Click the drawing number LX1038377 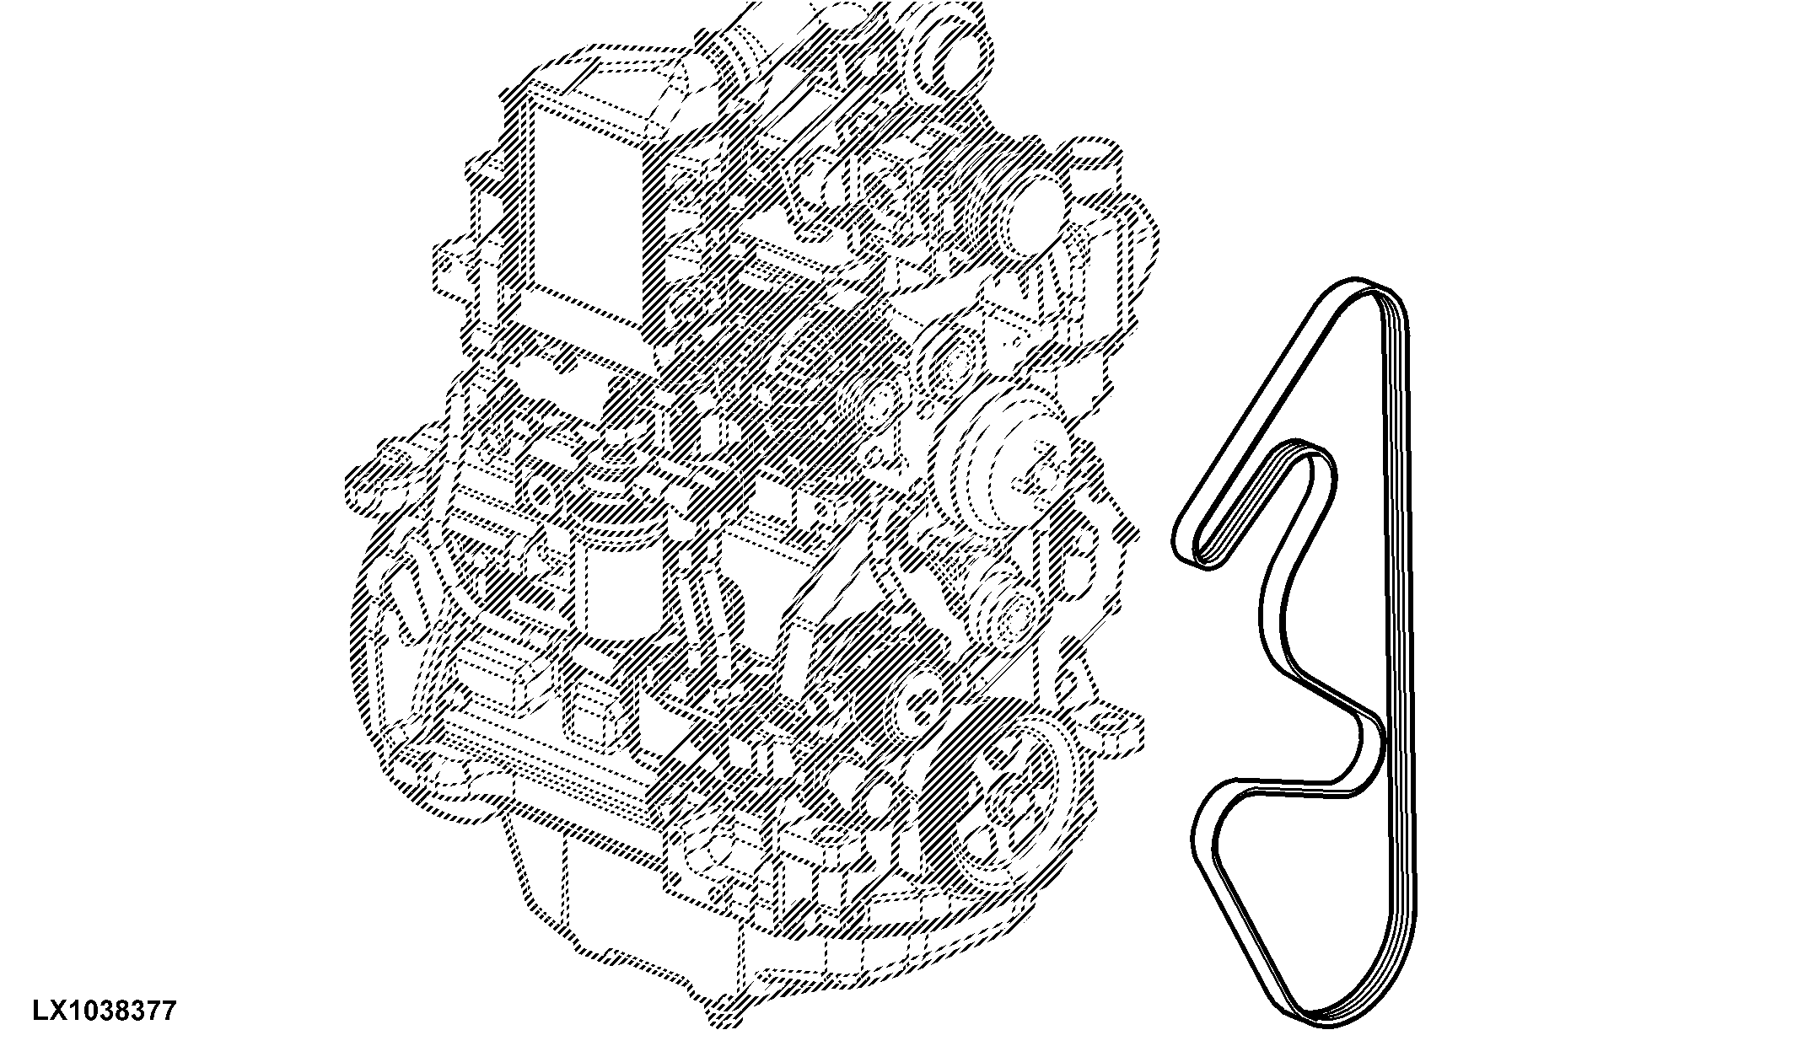click(105, 1010)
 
